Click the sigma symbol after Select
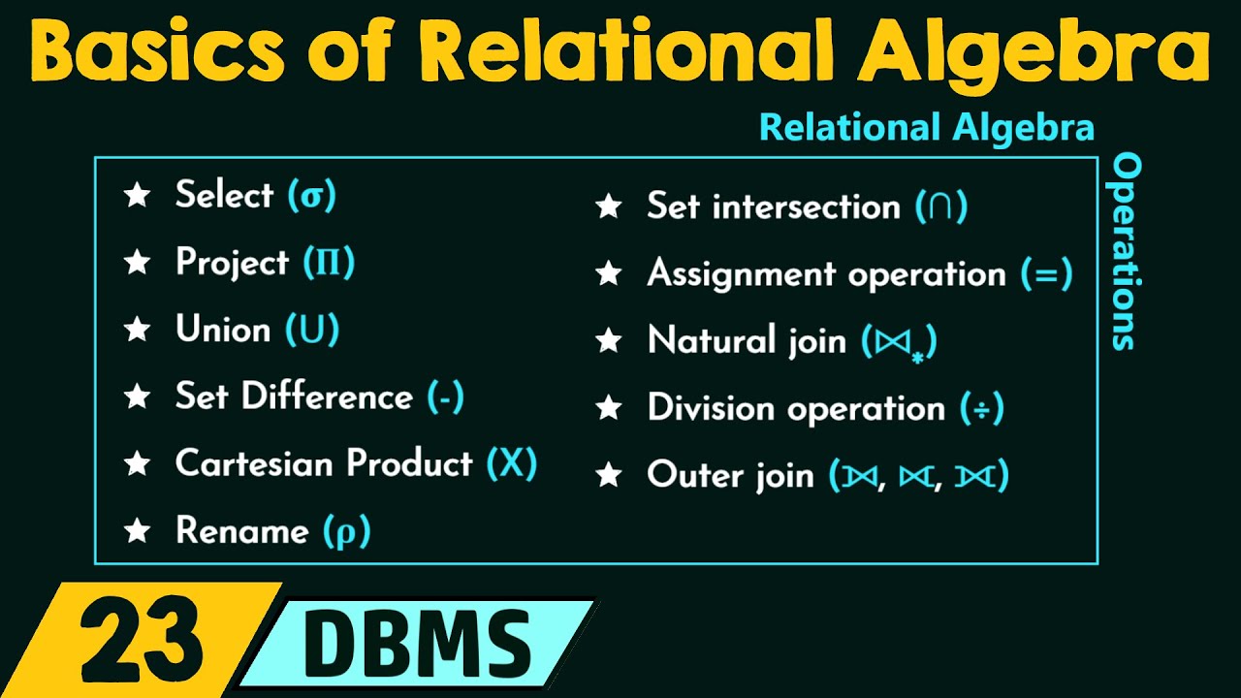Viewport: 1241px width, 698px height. [x=311, y=197]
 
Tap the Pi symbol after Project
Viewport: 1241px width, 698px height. [x=329, y=263]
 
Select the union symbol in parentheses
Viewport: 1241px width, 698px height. [x=312, y=331]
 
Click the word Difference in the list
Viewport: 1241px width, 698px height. [x=327, y=397]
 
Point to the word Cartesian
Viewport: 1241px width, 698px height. [x=254, y=463]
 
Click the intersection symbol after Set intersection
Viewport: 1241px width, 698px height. [x=940, y=207]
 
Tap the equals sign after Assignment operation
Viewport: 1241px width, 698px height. [x=1046, y=274]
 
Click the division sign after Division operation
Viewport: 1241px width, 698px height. [x=981, y=408]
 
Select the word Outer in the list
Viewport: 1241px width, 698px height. [x=688, y=475]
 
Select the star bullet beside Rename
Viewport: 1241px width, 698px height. [x=138, y=531]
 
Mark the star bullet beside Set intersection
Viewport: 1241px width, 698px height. [x=609, y=207]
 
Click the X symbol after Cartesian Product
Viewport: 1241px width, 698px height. [x=511, y=463]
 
